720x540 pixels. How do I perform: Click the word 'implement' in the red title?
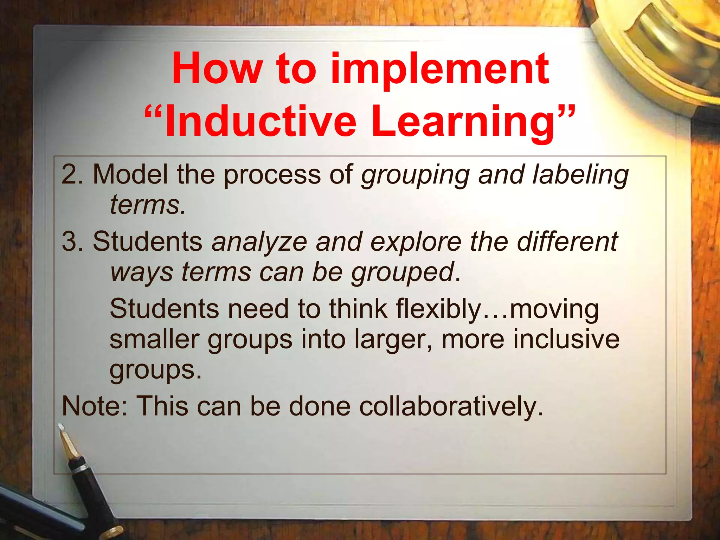click(439, 70)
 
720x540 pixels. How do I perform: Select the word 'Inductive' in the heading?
click(260, 121)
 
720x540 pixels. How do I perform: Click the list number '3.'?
click(72, 242)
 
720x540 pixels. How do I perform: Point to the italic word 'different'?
click(567, 242)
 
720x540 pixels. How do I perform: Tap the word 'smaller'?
click(154, 339)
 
